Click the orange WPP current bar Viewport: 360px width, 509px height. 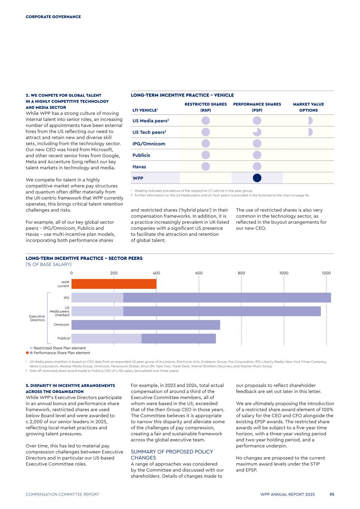tap(114, 284)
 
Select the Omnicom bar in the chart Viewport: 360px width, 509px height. tap(145, 325)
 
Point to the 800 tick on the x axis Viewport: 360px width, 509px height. tap(241, 273)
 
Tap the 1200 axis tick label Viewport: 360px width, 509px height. tap(326, 273)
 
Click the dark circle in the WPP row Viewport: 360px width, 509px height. tap(257, 178)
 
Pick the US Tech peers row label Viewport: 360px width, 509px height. tap(149, 132)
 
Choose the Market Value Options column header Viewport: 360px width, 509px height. tap(309, 107)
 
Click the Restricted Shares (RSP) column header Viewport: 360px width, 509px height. tap(206, 107)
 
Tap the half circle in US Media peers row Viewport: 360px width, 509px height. tap(310, 121)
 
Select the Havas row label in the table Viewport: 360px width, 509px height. tap(139, 167)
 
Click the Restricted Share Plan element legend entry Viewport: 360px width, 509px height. tap(60, 348)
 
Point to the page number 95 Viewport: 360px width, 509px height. tap(332, 494)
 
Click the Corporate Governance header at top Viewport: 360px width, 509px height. tap(53, 17)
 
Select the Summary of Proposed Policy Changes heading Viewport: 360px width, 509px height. tap(172, 455)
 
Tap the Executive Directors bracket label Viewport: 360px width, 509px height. tap(37, 318)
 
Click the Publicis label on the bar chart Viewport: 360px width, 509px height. tap(64, 338)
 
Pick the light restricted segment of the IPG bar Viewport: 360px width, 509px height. tap(97, 298)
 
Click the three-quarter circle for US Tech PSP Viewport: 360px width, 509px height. tap(257, 132)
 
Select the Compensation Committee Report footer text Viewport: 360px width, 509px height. tap(62, 494)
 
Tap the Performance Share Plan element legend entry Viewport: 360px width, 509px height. tap(62, 353)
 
